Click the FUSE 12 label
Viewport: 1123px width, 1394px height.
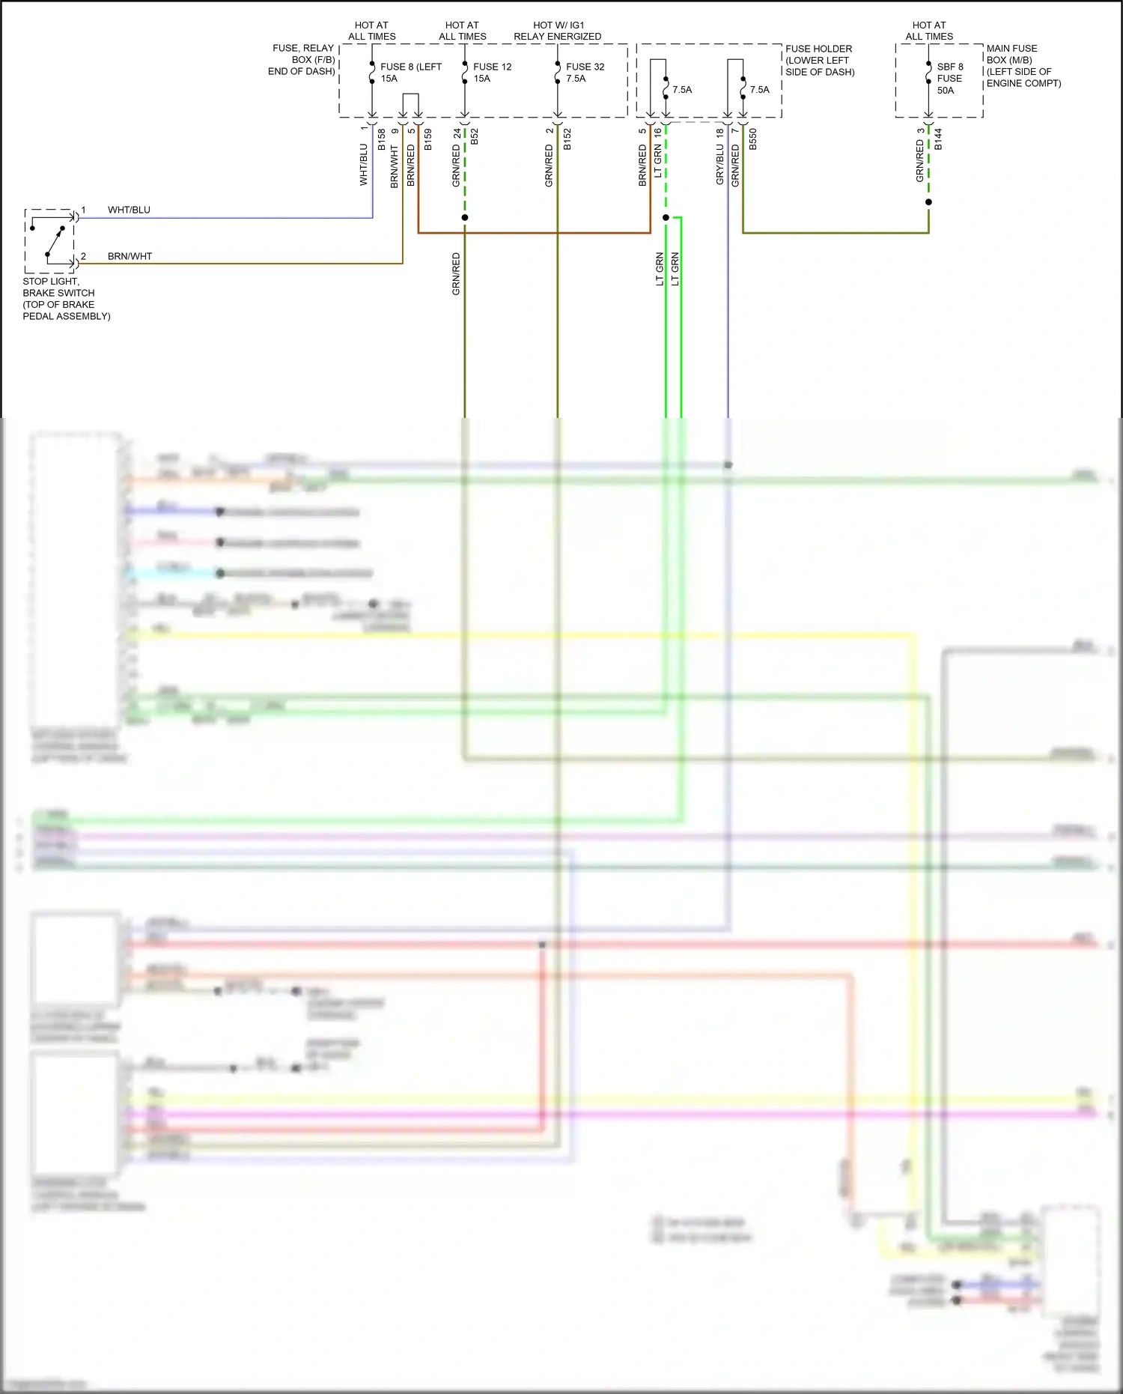[492, 67]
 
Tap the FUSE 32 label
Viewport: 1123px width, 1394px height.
[585, 67]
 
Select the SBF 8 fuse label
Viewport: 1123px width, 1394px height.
[950, 67]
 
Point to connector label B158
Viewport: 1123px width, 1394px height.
[382, 140]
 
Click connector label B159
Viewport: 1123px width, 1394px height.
[428, 140]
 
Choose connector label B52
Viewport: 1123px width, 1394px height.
[475, 137]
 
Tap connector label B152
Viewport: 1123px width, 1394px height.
[567, 140]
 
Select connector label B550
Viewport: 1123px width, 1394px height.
[753, 140]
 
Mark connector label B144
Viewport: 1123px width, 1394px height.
[939, 140]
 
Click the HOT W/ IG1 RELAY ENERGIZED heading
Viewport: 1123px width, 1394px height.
[558, 31]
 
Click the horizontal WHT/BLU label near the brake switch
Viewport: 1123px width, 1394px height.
[129, 210]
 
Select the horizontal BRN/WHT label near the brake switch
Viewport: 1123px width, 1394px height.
[130, 256]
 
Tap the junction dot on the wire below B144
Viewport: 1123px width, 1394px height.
[928, 202]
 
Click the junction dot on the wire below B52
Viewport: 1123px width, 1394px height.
[465, 217]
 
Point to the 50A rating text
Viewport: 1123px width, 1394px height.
[946, 91]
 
